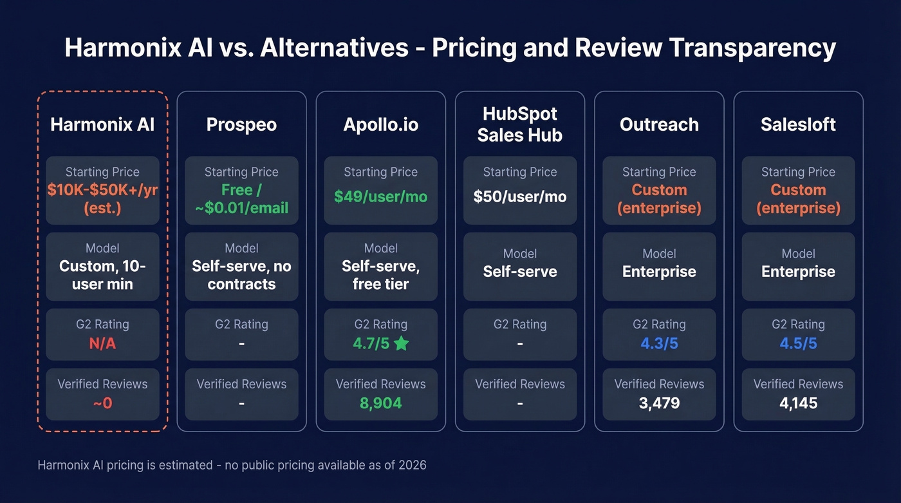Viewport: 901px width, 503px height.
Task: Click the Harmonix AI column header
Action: click(x=102, y=124)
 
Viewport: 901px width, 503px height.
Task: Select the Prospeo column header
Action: click(x=241, y=124)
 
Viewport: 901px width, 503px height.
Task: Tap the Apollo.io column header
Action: click(x=380, y=124)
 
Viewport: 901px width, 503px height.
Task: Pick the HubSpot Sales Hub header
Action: click(x=519, y=124)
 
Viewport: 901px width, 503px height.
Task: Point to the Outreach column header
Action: click(x=659, y=124)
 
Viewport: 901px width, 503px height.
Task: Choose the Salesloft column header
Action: click(x=798, y=124)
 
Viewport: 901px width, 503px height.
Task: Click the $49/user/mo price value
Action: click(x=380, y=196)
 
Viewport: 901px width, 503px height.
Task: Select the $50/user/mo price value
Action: click(x=519, y=196)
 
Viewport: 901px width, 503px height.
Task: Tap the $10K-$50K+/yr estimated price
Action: click(x=102, y=199)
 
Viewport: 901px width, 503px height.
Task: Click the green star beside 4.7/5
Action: click(x=401, y=343)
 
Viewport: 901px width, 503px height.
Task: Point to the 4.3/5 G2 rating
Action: click(x=659, y=343)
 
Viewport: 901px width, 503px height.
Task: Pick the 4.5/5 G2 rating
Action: click(x=798, y=343)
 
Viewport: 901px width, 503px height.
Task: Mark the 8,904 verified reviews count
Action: click(x=380, y=403)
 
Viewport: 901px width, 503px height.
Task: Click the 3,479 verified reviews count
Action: click(x=659, y=403)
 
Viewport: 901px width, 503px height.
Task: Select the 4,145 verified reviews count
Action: click(x=798, y=403)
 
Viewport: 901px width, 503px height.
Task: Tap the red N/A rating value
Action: click(x=102, y=343)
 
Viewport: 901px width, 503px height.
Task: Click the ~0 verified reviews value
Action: click(x=102, y=403)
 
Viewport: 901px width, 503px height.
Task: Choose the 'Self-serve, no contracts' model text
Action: click(x=241, y=275)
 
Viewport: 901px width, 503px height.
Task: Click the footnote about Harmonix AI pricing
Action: click(x=232, y=464)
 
